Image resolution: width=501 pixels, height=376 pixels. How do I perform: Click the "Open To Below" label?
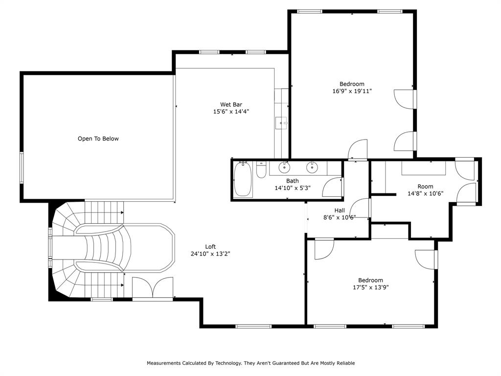coord(98,139)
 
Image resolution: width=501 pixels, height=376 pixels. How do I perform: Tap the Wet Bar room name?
coord(231,104)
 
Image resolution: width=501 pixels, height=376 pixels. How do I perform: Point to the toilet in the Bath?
coord(261,170)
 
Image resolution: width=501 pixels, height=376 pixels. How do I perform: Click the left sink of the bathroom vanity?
coord(284,167)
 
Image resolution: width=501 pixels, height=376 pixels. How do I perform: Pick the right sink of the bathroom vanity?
coord(312,167)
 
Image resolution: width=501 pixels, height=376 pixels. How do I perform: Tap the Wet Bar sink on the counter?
coord(281,122)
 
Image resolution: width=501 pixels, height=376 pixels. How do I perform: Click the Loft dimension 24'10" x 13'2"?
coord(210,254)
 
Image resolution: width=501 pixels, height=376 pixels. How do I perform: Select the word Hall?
coord(340,210)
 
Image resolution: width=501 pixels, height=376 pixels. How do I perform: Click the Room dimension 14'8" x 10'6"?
coord(425,193)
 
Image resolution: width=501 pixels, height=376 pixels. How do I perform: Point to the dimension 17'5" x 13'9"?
coord(370,287)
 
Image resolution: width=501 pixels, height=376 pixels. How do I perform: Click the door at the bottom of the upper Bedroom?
coord(358,150)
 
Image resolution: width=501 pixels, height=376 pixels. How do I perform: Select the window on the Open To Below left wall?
coord(22,167)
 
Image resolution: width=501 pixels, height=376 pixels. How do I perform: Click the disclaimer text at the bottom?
coord(250,363)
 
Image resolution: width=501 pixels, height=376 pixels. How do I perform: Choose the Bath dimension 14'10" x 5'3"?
coord(293,188)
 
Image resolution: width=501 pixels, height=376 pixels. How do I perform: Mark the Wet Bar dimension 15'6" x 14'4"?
coord(231,112)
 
